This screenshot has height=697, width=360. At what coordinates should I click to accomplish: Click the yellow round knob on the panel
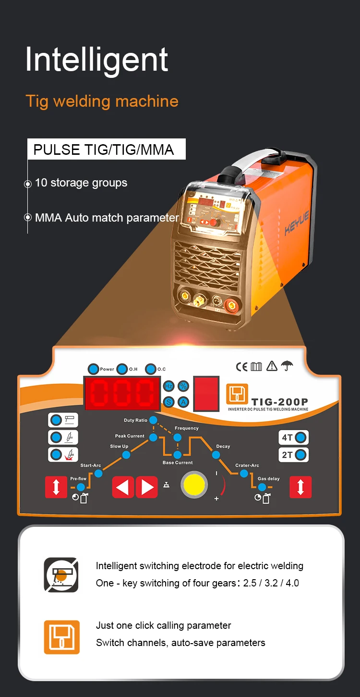point(194,485)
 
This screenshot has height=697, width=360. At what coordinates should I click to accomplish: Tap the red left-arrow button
point(123,487)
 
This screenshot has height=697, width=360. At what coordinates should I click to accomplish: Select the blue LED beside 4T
point(301,437)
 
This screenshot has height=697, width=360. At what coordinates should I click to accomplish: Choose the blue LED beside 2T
point(301,455)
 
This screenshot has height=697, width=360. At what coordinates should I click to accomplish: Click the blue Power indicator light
point(93,369)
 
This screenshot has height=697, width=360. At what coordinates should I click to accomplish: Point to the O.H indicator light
point(122,369)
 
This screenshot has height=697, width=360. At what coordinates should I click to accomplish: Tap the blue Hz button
point(169,386)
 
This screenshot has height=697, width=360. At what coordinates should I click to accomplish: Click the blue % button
point(183,386)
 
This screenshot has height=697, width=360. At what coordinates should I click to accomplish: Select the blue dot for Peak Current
point(153,437)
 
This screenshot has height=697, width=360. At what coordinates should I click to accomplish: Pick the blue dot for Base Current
point(178,455)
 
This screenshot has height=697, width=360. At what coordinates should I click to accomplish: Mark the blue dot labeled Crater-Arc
point(244,473)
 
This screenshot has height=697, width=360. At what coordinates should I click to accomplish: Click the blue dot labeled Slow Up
point(126,455)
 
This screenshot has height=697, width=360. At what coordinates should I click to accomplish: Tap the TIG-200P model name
point(279,402)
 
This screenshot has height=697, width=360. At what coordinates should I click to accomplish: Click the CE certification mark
point(241,367)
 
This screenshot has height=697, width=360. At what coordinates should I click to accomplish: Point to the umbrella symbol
point(288,366)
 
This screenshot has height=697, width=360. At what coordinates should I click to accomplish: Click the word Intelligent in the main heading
point(96,60)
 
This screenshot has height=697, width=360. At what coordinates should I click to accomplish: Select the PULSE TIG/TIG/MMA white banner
point(106,149)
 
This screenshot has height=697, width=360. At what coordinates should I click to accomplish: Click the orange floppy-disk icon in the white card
point(61,636)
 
